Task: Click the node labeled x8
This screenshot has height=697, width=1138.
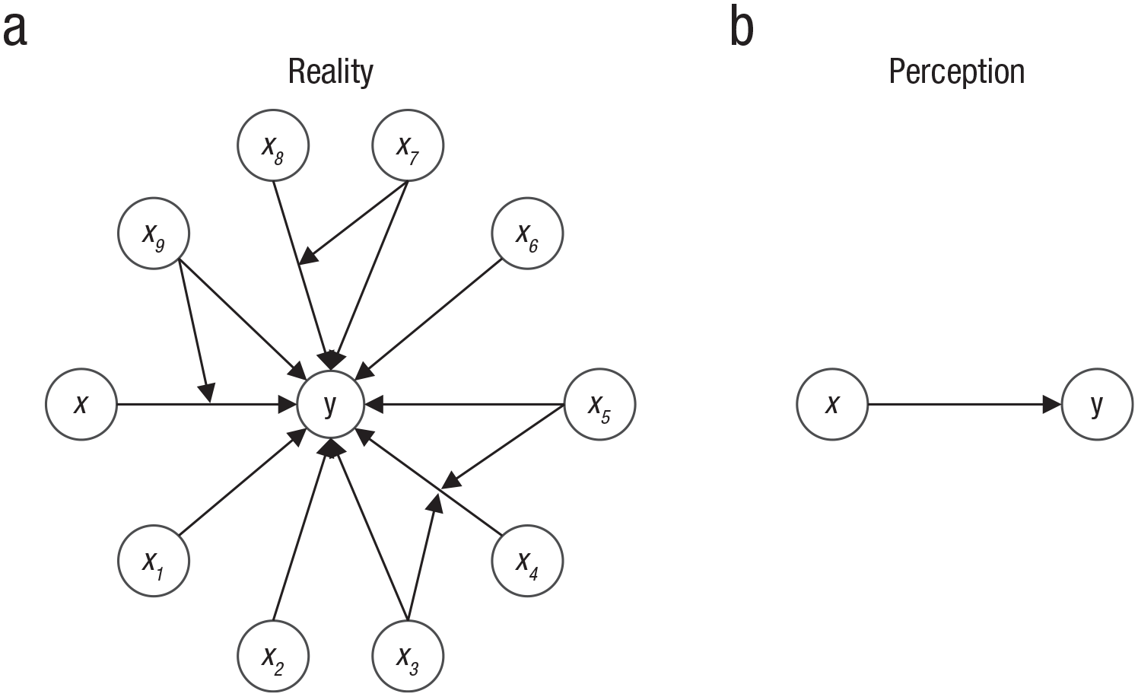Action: click(x=273, y=145)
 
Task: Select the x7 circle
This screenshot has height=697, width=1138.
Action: click(x=408, y=145)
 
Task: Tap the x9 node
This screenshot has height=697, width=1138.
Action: click(x=154, y=233)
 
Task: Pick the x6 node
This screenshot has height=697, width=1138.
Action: click(x=527, y=233)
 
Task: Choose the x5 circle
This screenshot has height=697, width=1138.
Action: click(x=599, y=404)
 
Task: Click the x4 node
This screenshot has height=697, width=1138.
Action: click(x=527, y=561)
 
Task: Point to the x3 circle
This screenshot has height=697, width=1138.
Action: click(x=408, y=657)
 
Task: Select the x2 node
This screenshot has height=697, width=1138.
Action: click(x=273, y=657)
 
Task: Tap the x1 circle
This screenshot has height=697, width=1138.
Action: click(x=154, y=561)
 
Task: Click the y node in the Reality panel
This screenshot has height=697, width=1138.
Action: click(x=331, y=404)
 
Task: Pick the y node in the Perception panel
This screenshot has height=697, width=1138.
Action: click(x=1098, y=404)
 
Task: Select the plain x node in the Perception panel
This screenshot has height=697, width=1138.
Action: click(x=832, y=404)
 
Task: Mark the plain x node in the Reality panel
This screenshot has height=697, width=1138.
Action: click(x=81, y=404)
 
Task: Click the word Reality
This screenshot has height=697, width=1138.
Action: click(x=331, y=72)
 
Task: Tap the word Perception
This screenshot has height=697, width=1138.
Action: click(x=957, y=72)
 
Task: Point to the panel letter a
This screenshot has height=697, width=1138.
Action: click(x=14, y=30)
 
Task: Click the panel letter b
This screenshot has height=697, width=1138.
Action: click(x=742, y=27)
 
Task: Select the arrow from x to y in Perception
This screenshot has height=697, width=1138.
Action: click(x=965, y=404)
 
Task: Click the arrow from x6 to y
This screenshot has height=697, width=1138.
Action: click(x=428, y=319)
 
